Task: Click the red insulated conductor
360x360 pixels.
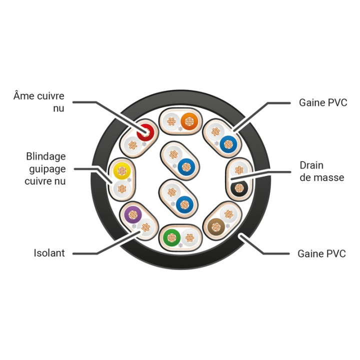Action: (x=145, y=132)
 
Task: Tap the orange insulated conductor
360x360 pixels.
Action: (x=189, y=121)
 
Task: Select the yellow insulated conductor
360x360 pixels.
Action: (x=122, y=171)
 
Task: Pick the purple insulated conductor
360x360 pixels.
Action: (x=133, y=215)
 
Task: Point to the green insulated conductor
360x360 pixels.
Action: (x=171, y=237)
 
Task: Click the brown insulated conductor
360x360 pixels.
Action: (x=216, y=227)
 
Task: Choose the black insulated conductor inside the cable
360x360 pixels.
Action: (x=239, y=188)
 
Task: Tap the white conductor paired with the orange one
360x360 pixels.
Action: (x=171, y=121)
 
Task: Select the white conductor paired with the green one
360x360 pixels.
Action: (x=189, y=237)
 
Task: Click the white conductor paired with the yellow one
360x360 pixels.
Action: (x=122, y=189)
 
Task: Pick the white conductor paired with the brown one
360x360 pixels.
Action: (x=228, y=214)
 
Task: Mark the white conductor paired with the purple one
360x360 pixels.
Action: (x=146, y=227)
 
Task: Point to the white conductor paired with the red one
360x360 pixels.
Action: (x=132, y=145)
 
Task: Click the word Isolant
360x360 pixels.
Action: (x=49, y=253)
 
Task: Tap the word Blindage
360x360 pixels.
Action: (x=46, y=156)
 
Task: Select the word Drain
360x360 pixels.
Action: (x=311, y=165)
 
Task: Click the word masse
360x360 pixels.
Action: (x=329, y=177)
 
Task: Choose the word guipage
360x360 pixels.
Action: (x=47, y=169)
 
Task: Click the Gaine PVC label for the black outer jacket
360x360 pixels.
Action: (x=321, y=253)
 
